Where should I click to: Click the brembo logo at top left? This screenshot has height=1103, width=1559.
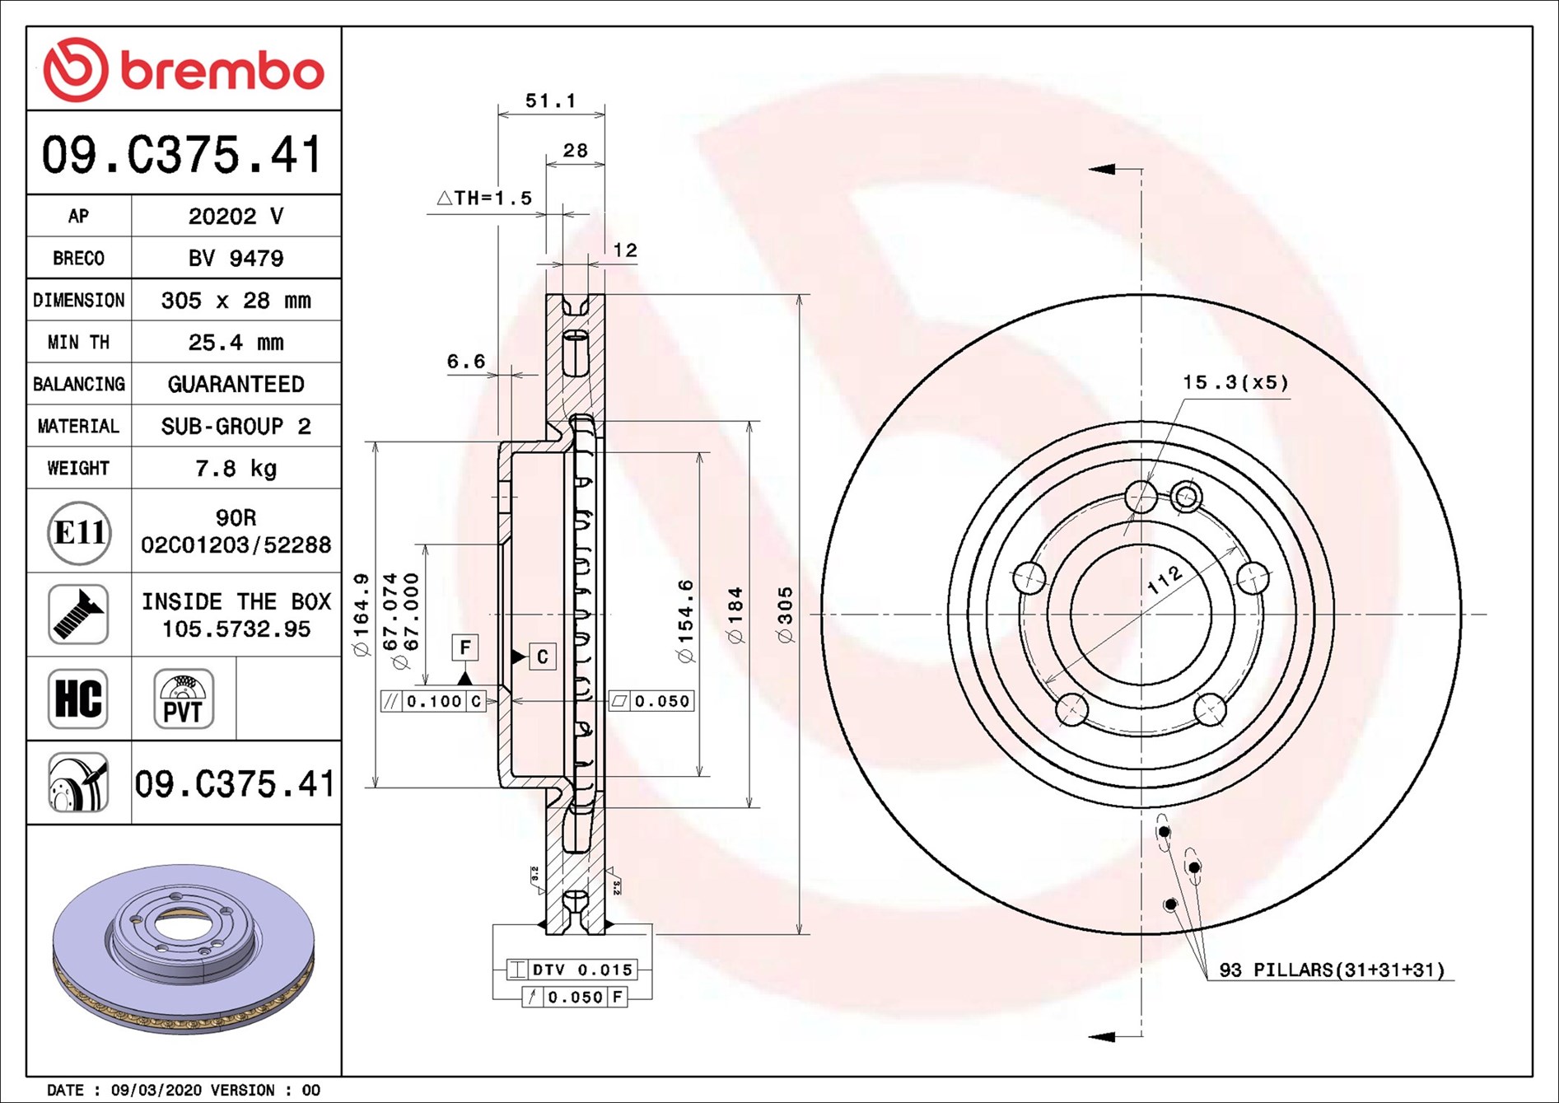click(x=183, y=69)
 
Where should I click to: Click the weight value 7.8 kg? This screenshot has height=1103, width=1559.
click(x=236, y=469)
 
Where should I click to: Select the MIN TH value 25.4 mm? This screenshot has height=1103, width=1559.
click(x=236, y=343)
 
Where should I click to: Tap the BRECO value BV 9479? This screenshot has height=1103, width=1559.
click(x=236, y=259)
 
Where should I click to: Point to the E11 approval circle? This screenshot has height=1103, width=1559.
click(x=79, y=532)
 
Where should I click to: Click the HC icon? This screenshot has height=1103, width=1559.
click(x=78, y=699)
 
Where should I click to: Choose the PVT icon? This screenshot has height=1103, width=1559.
click(x=184, y=699)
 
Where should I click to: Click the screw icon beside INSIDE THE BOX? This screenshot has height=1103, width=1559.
click(x=78, y=615)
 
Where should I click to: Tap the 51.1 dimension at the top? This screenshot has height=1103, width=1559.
click(x=551, y=100)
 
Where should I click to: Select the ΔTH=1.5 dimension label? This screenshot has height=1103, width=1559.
click(x=484, y=198)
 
